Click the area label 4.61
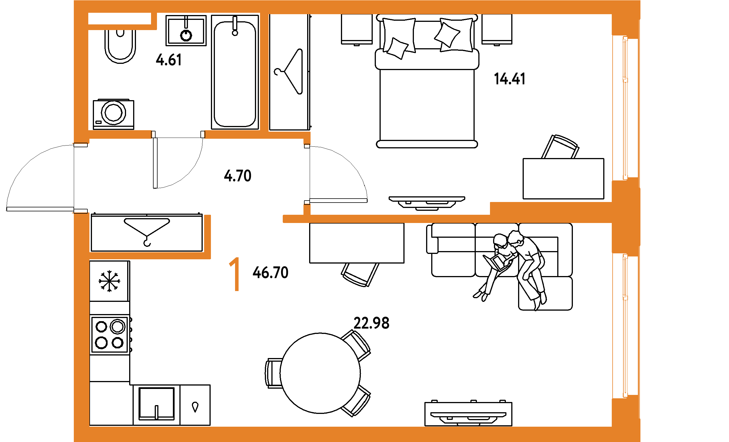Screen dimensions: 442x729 [x=169, y=60]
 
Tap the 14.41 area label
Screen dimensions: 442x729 [x=510, y=79]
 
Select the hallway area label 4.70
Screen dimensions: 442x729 [x=238, y=176]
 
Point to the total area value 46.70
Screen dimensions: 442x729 [x=271, y=273]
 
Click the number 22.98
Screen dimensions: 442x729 [x=371, y=323]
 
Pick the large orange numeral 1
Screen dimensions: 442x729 [x=235, y=274]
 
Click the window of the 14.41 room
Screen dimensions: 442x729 [x=625, y=108]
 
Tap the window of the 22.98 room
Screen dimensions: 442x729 [x=625, y=325]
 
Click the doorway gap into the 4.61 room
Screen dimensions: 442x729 [x=178, y=134]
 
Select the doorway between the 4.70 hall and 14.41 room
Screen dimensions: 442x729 [x=307, y=174]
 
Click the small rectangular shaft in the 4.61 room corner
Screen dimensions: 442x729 [x=120, y=19]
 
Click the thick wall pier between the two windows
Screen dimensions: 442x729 [x=626, y=217]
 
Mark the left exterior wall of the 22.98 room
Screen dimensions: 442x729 [x=81, y=340]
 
